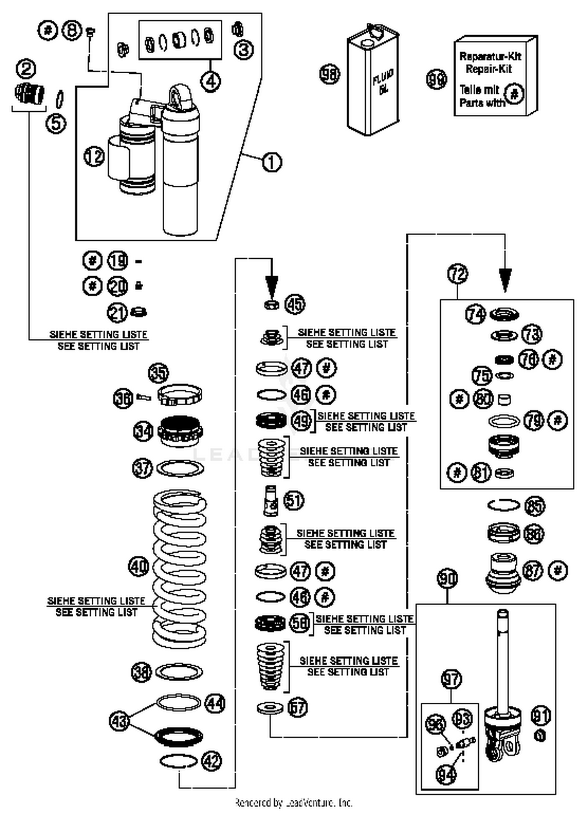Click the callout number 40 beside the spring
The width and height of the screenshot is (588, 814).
tap(139, 567)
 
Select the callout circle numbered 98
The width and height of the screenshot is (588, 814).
tap(330, 74)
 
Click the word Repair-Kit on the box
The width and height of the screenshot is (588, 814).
tap(489, 69)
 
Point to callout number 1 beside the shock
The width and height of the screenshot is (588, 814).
tap(272, 161)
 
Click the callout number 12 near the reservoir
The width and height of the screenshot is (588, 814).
tap(94, 157)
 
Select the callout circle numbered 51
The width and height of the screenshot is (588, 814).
tap(294, 500)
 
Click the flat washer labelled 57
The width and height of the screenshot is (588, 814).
tap(270, 708)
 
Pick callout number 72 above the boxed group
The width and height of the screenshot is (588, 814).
tap(457, 274)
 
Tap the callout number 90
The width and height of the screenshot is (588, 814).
tap(447, 578)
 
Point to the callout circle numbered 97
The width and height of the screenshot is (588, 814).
tap(451, 678)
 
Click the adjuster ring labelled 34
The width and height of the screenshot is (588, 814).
tap(180, 431)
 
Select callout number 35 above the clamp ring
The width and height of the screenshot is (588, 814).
tap(158, 373)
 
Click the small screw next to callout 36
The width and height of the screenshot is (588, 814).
tap(143, 398)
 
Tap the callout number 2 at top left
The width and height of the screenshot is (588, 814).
tap(26, 69)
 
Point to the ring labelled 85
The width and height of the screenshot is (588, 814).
tap(504, 505)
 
